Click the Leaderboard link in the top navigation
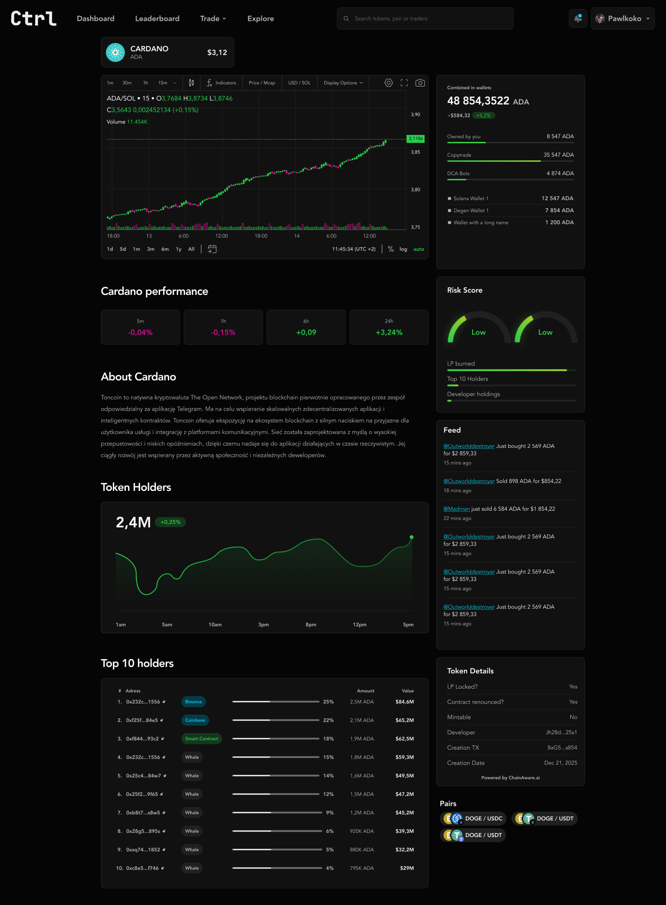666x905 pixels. click(157, 18)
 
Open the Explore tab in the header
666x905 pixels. click(260, 18)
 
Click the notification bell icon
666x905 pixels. click(578, 18)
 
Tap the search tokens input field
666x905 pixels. click(425, 18)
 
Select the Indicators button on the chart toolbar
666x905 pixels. click(222, 83)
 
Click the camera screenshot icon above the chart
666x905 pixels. click(420, 83)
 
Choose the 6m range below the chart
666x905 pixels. click(165, 249)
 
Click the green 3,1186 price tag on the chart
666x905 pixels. click(416, 139)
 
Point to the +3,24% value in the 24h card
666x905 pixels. click(389, 332)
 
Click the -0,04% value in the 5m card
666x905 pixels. click(141, 332)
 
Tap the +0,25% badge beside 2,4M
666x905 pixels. click(170, 522)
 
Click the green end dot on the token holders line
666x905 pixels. click(412, 537)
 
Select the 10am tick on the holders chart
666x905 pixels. click(215, 624)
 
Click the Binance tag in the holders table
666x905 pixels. click(193, 702)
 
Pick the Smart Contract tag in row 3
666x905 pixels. click(202, 739)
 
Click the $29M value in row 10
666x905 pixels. click(407, 868)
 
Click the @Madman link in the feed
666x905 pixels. click(456, 509)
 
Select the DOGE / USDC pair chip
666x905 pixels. click(473, 819)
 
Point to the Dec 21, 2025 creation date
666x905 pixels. click(561, 763)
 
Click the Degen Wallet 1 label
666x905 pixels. click(471, 211)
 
